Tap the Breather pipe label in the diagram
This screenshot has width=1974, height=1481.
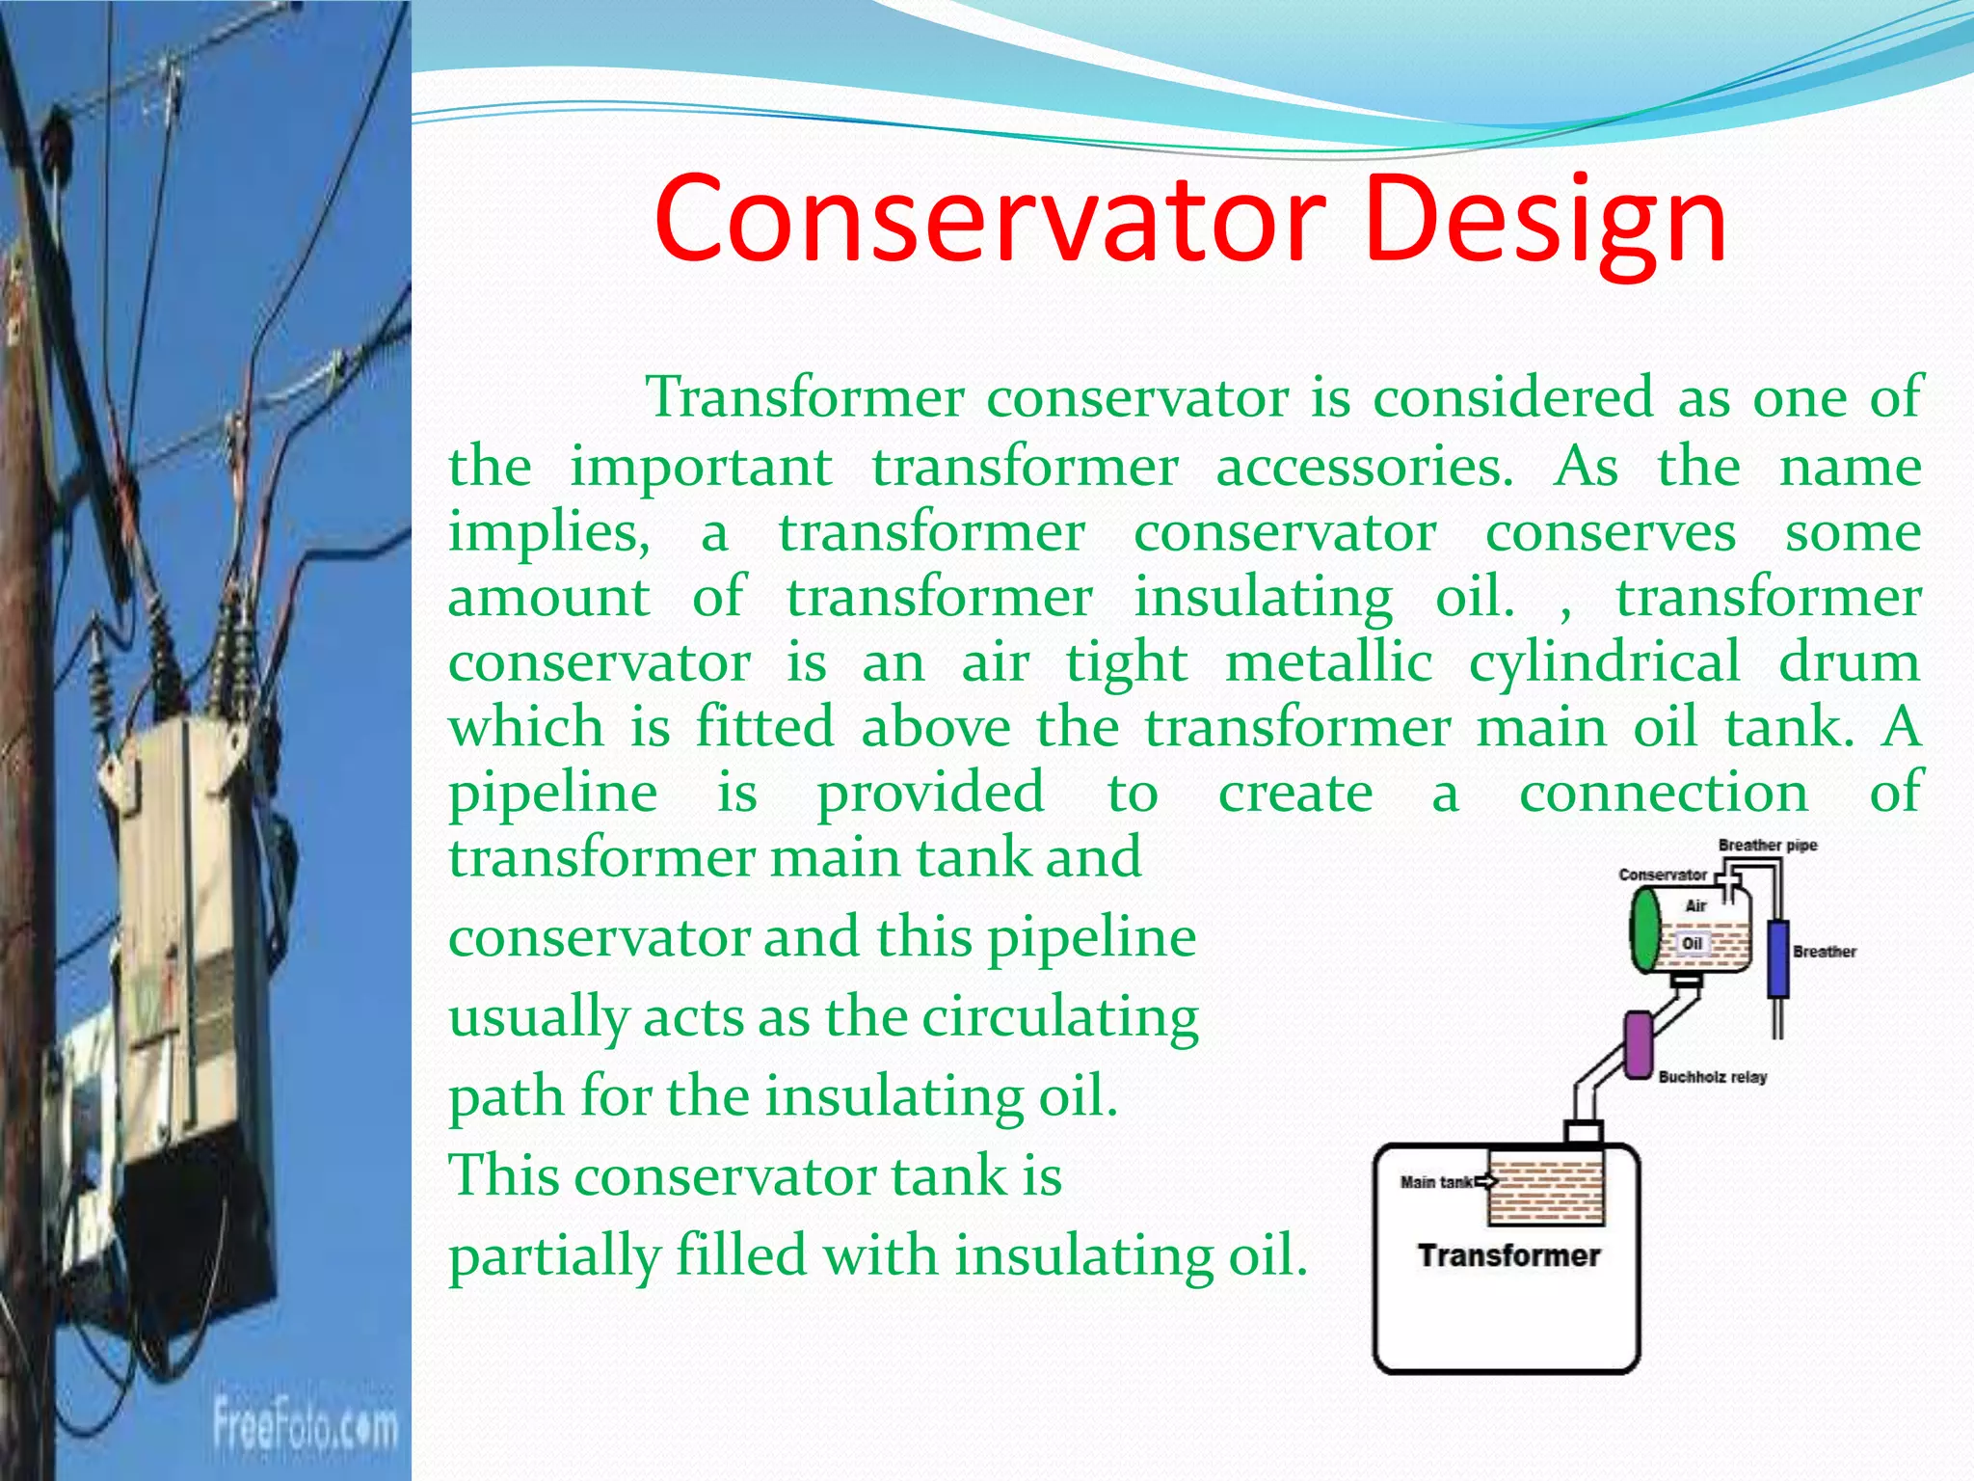pos(1767,846)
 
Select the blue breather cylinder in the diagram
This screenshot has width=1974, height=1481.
pos(1777,958)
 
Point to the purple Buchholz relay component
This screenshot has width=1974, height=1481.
pos(1638,1044)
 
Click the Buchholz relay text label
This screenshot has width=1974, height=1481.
pos(1712,1077)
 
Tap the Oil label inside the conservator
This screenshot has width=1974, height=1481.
pos(1693,943)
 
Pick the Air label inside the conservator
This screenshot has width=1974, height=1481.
pos(1695,905)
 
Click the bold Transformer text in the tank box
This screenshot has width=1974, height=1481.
pos(1508,1255)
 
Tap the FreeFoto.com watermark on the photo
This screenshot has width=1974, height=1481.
pos(305,1426)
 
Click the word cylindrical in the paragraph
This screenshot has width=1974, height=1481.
pos(1604,662)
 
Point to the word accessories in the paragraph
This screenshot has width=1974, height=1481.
pos(1364,467)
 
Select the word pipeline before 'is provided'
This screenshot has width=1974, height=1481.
pos(553,793)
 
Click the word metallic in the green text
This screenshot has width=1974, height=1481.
pos(1328,662)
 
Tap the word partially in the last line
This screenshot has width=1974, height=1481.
pos(554,1256)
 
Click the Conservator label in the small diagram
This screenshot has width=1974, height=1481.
pos(1662,875)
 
